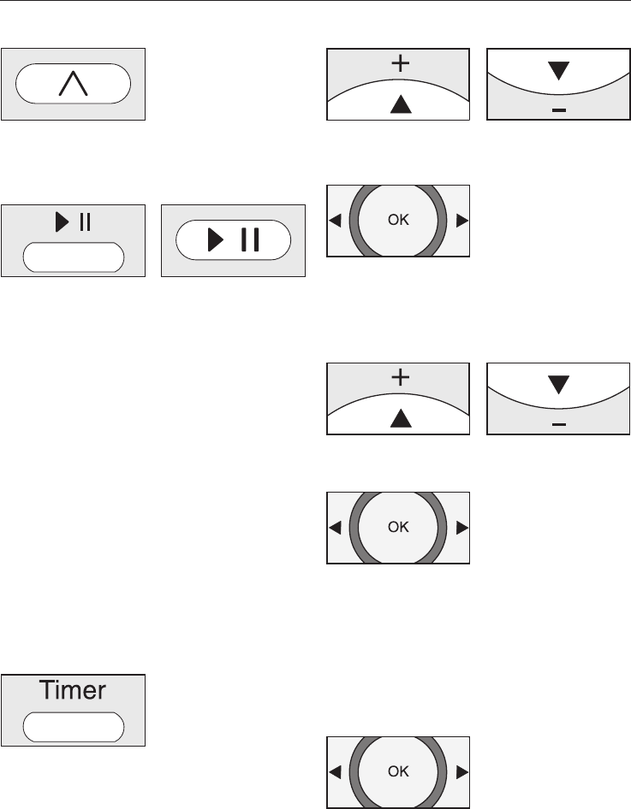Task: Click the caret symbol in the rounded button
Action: [x=73, y=84]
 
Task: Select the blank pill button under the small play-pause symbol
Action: [x=73, y=257]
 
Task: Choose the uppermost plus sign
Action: [x=399, y=62]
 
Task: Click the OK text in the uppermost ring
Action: [x=398, y=220]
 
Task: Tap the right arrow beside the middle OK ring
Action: [x=462, y=528]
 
